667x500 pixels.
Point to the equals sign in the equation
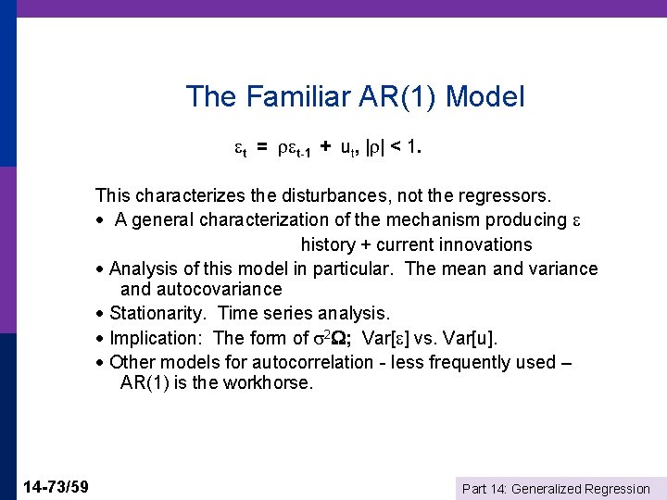click(262, 148)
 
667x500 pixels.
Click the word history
click(328, 244)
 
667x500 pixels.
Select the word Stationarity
click(159, 314)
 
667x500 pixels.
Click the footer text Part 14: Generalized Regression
click(556, 488)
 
